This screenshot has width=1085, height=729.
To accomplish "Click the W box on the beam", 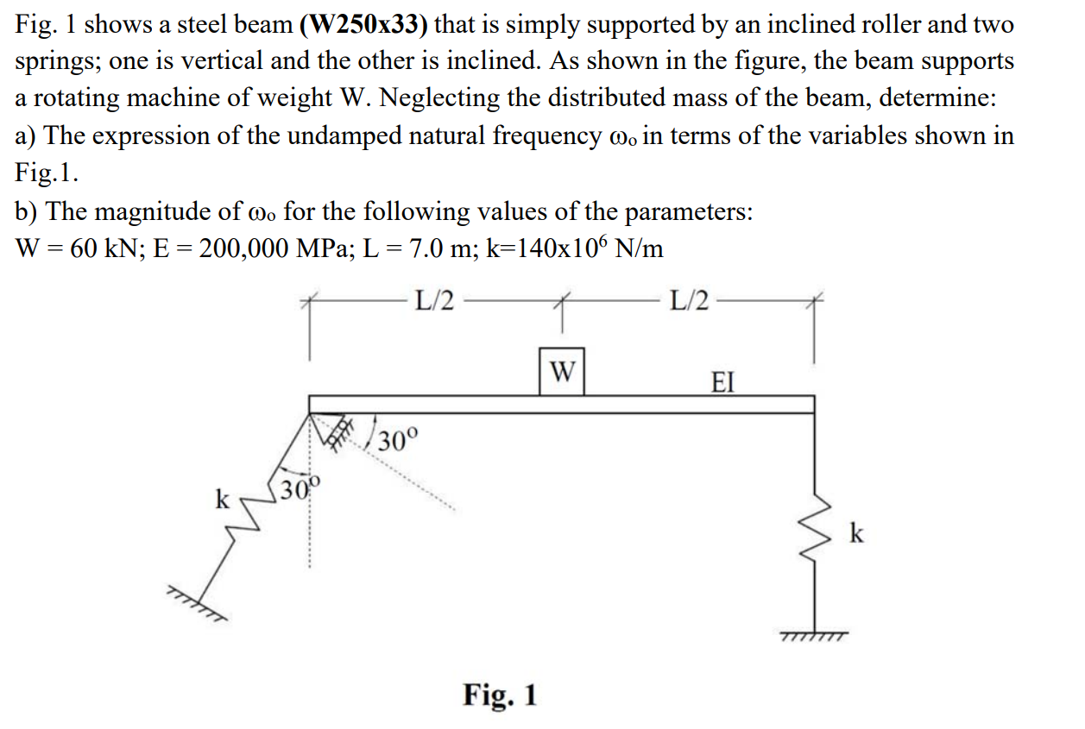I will (561, 371).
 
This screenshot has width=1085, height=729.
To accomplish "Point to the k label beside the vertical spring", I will (855, 534).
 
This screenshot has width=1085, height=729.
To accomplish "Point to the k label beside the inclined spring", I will (223, 499).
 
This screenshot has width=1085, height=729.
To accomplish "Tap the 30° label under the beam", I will (398, 441).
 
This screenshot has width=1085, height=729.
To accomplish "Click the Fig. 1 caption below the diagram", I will (500, 694).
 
